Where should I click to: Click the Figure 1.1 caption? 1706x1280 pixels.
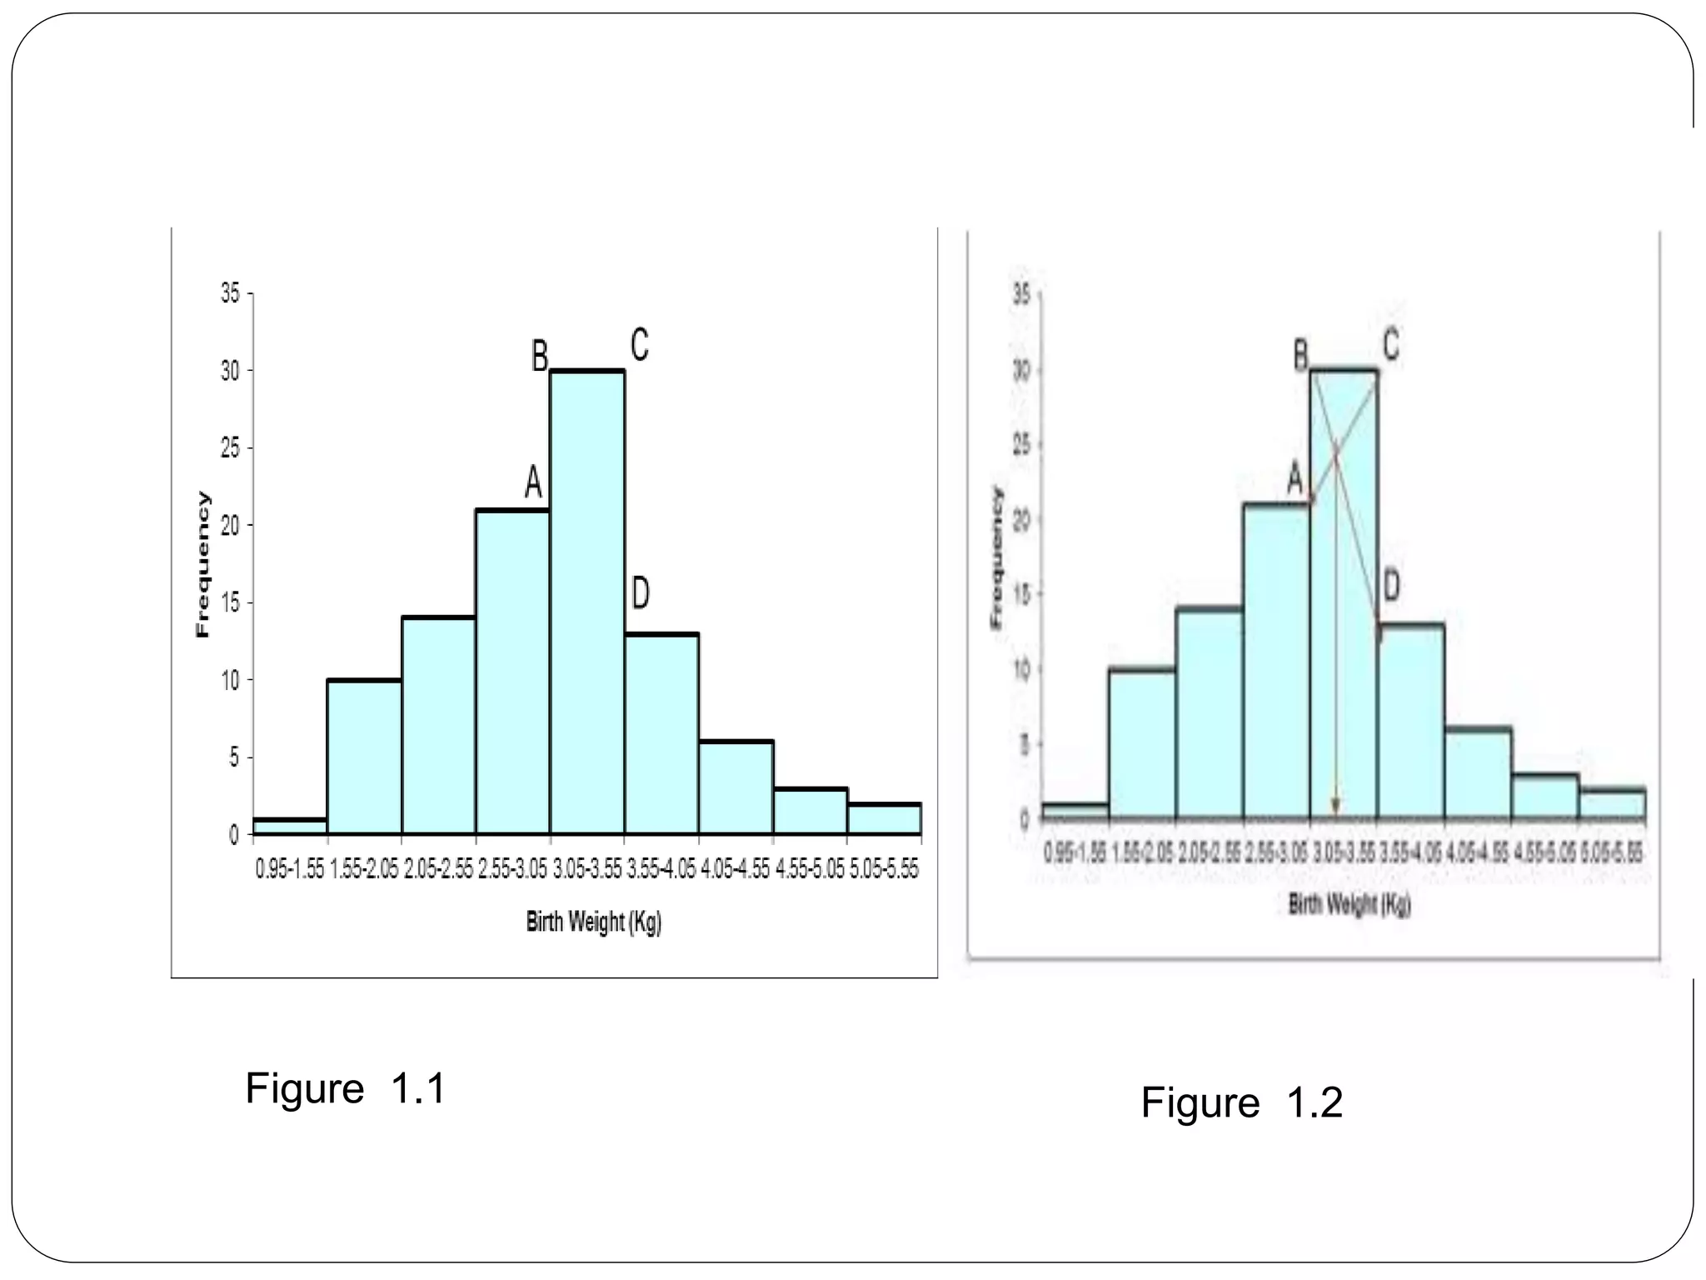click(x=346, y=1088)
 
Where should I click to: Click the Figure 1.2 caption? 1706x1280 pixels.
click(x=1241, y=1102)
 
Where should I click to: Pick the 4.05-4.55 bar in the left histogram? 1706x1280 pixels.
click(x=736, y=787)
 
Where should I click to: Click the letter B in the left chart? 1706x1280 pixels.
click(x=540, y=357)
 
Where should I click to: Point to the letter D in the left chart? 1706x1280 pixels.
click(x=640, y=593)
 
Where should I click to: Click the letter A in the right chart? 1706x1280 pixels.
click(x=1294, y=478)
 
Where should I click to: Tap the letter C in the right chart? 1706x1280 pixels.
click(x=1390, y=343)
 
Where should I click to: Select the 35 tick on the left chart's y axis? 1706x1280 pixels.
click(x=230, y=293)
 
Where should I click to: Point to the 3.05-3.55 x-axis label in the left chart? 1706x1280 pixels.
click(x=587, y=869)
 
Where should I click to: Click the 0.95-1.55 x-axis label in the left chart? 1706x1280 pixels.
click(x=290, y=869)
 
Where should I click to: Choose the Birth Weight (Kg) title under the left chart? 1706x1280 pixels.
click(x=593, y=922)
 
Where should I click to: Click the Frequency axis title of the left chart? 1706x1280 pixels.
click(x=202, y=564)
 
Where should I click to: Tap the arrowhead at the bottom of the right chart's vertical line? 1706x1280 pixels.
click(x=1335, y=806)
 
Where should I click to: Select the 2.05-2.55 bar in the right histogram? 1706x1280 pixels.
click(x=1209, y=713)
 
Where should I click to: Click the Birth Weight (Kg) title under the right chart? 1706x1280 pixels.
click(x=1349, y=904)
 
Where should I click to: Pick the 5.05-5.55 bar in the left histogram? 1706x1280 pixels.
click(x=884, y=818)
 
